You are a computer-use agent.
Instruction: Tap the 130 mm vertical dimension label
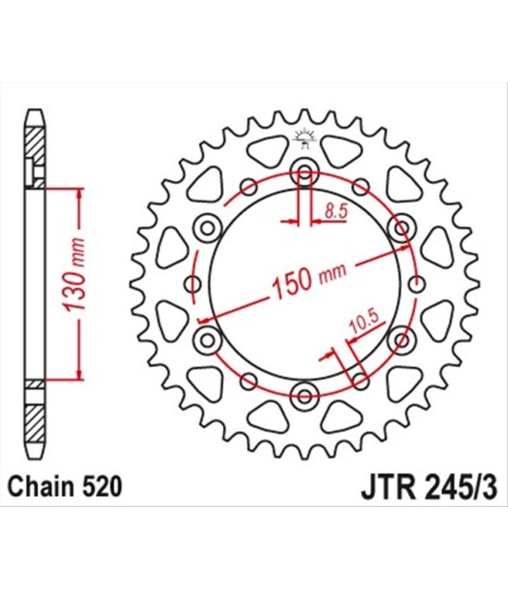coord(74,275)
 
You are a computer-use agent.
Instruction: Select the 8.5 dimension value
coord(337,212)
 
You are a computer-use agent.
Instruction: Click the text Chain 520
coord(65,486)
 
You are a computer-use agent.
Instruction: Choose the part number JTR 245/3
coord(430,487)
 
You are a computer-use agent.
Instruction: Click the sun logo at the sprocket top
coord(305,138)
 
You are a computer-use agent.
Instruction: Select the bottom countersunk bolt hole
coord(305,395)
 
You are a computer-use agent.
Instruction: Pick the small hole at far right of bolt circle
coord(415,285)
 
